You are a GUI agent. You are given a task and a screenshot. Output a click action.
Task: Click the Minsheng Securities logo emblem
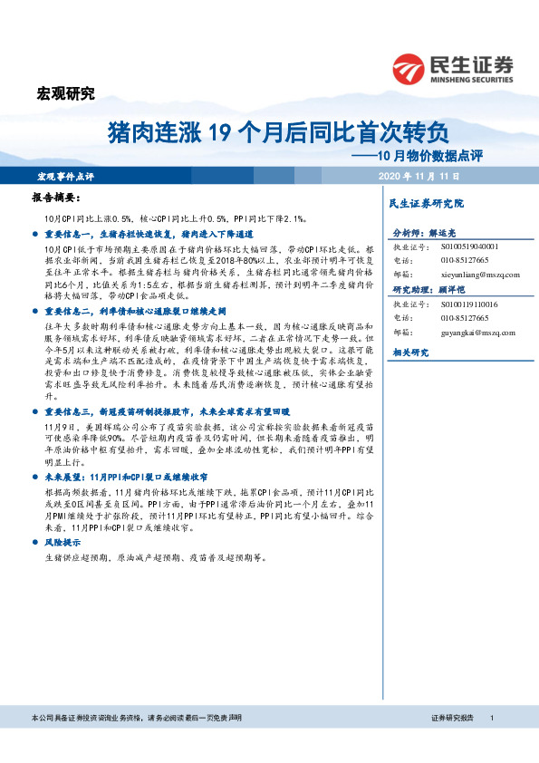410,67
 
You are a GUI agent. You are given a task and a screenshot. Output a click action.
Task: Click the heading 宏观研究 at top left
64,92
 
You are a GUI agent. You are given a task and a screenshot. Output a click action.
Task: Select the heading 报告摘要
56,198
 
